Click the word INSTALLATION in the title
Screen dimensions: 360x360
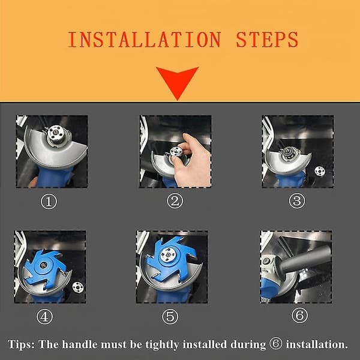click(145, 40)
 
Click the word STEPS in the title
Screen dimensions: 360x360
click(267, 40)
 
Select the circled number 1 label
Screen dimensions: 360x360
click(49, 202)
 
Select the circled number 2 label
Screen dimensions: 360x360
click(175, 201)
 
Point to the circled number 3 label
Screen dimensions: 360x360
click(297, 200)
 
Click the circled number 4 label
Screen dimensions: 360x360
click(44, 316)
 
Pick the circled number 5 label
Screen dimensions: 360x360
click(170, 316)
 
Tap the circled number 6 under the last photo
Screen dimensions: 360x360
click(299, 315)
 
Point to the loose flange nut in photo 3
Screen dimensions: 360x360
click(319, 171)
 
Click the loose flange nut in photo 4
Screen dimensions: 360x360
click(78, 287)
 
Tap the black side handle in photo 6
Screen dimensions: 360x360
click(304, 259)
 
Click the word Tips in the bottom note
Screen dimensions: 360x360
click(21, 344)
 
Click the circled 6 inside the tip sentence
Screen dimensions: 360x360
click(276, 343)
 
